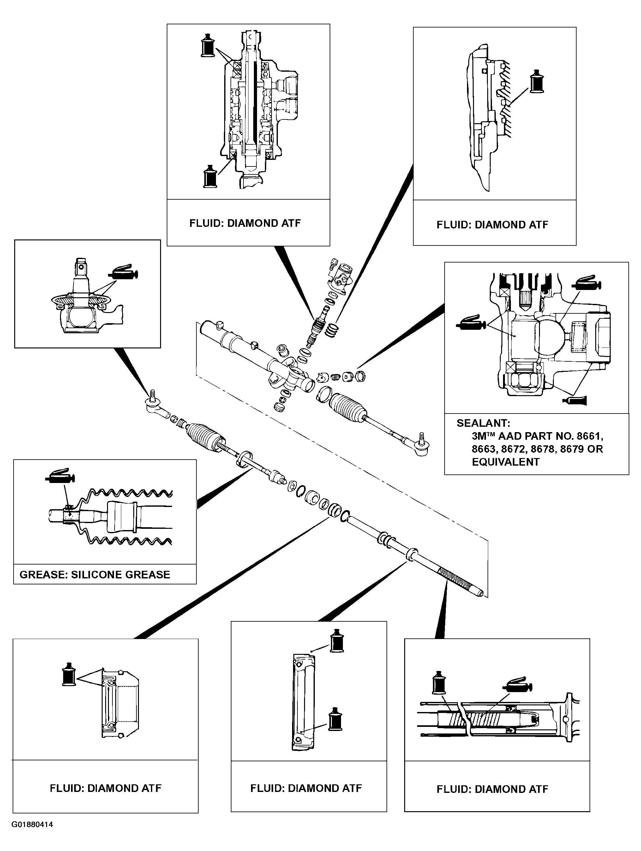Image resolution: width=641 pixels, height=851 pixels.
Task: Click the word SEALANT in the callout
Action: point(483,423)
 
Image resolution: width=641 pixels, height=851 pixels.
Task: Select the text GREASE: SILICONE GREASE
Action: point(95,575)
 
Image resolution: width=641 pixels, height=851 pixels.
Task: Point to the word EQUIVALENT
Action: point(506,462)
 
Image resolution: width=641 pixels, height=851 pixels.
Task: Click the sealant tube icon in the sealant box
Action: point(574,401)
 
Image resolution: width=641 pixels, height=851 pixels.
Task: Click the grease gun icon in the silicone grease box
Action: point(60,476)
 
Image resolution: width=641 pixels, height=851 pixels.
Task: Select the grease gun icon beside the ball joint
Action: point(123,272)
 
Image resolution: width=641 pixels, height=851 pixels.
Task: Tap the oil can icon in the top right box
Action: point(537,81)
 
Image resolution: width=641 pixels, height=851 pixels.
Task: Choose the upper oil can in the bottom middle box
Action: point(337,641)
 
